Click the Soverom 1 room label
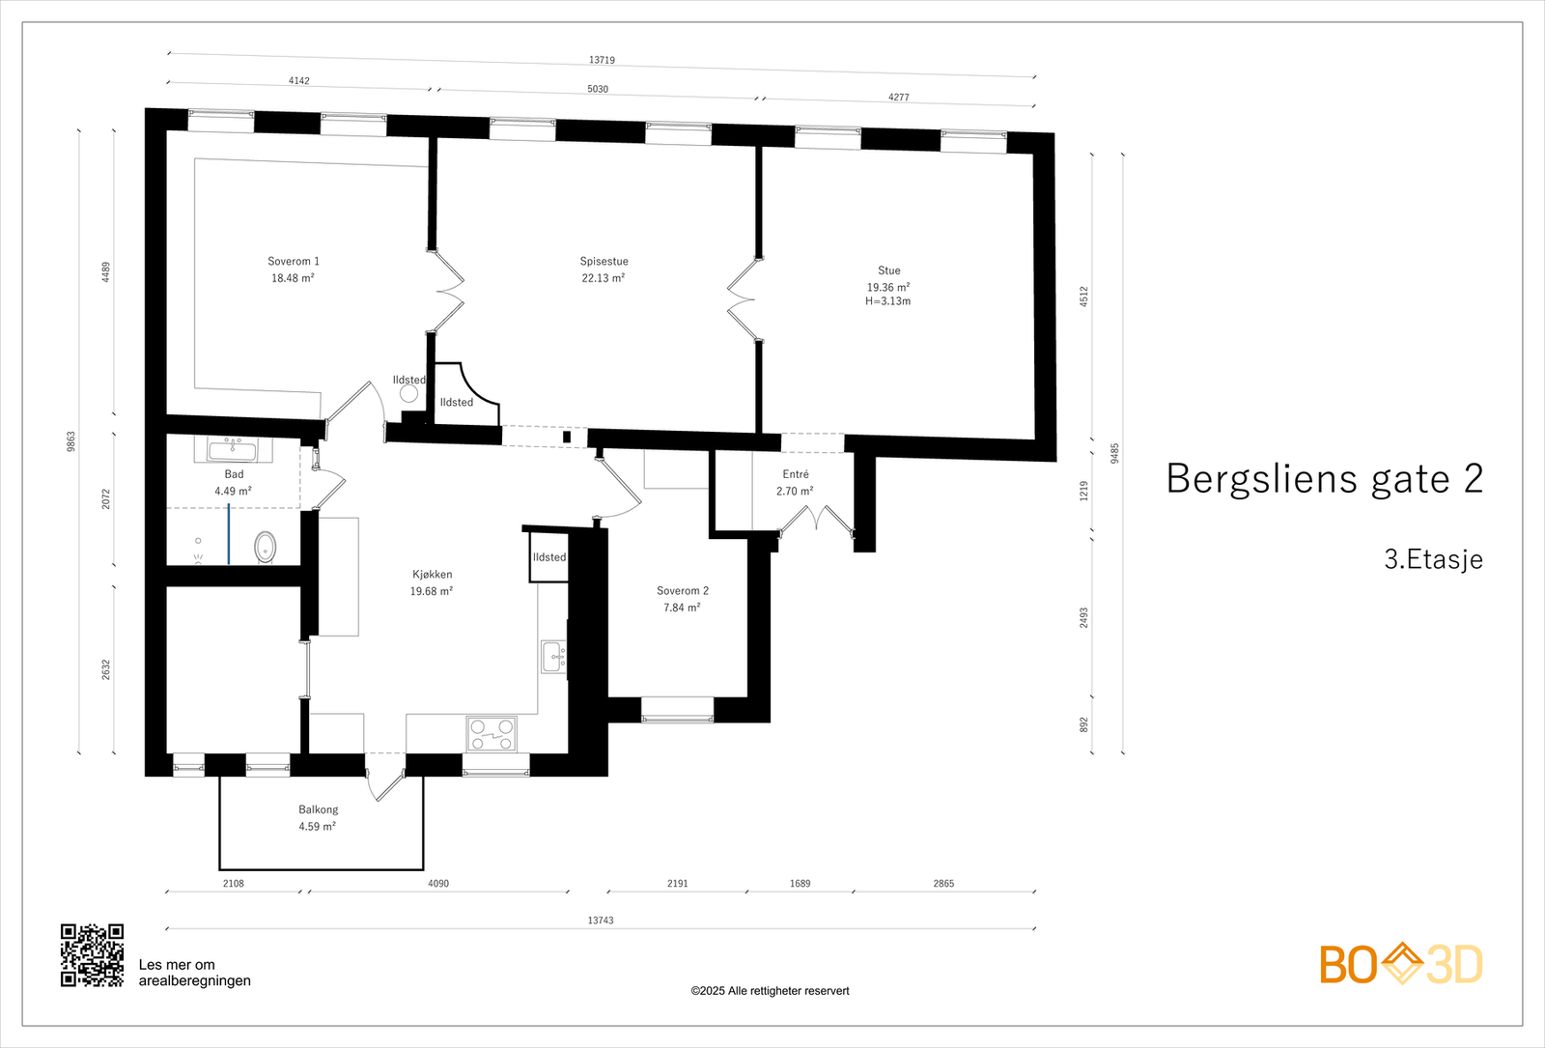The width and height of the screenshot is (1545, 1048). click(x=293, y=269)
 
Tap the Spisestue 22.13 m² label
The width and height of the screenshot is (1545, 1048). click(x=604, y=269)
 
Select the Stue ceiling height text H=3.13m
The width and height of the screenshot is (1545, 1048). click(x=887, y=301)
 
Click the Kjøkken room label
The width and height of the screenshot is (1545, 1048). click(x=432, y=582)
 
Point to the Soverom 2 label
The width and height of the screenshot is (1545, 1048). click(x=682, y=599)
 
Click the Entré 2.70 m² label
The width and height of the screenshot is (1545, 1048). click(x=795, y=482)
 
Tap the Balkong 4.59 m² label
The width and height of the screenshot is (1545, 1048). click(x=318, y=818)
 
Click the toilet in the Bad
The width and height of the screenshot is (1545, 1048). click(x=265, y=547)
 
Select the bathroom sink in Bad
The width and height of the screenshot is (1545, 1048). click(x=233, y=449)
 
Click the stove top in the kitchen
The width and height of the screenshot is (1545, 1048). click(x=492, y=733)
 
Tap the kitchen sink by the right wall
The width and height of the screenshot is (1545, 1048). click(x=553, y=657)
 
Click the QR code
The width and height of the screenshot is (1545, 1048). click(x=92, y=955)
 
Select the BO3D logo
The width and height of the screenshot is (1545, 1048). click(x=1400, y=964)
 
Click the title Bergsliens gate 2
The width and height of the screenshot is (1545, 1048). click(x=1324, y=479)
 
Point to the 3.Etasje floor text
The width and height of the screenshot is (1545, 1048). click(x=1433, y=559)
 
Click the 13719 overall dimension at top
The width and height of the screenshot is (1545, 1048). click(x=602, y=60)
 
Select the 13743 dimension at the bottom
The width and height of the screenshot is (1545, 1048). click(x=601, y=921)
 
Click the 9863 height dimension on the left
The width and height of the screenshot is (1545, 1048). click(x=70, y=441)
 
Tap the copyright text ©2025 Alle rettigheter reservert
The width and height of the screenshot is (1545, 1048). click(x=770, y=991)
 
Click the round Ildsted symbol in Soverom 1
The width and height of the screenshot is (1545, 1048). click(x=408, y=394)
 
